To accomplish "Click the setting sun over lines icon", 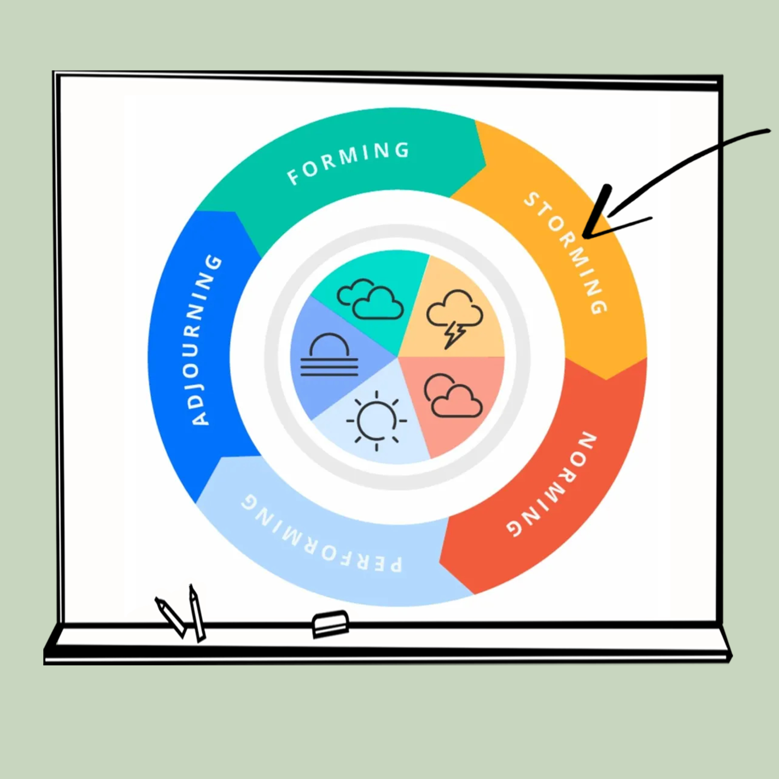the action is click(x=329, y=355).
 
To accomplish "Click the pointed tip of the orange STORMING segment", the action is click(x=606, y=379).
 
